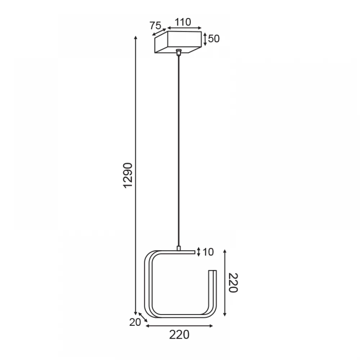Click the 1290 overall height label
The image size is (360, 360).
pos(128,175)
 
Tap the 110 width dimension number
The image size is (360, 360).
pos(183,22)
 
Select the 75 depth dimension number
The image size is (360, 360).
pos(156,26)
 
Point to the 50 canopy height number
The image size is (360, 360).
pos(214,39)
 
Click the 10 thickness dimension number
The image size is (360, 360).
pos(208,252)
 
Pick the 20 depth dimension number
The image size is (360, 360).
pos(135,322)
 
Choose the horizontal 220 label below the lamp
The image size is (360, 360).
pos(179,335)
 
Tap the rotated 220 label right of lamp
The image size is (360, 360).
pos(233,283)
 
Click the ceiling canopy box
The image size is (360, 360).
pos(178,42)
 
